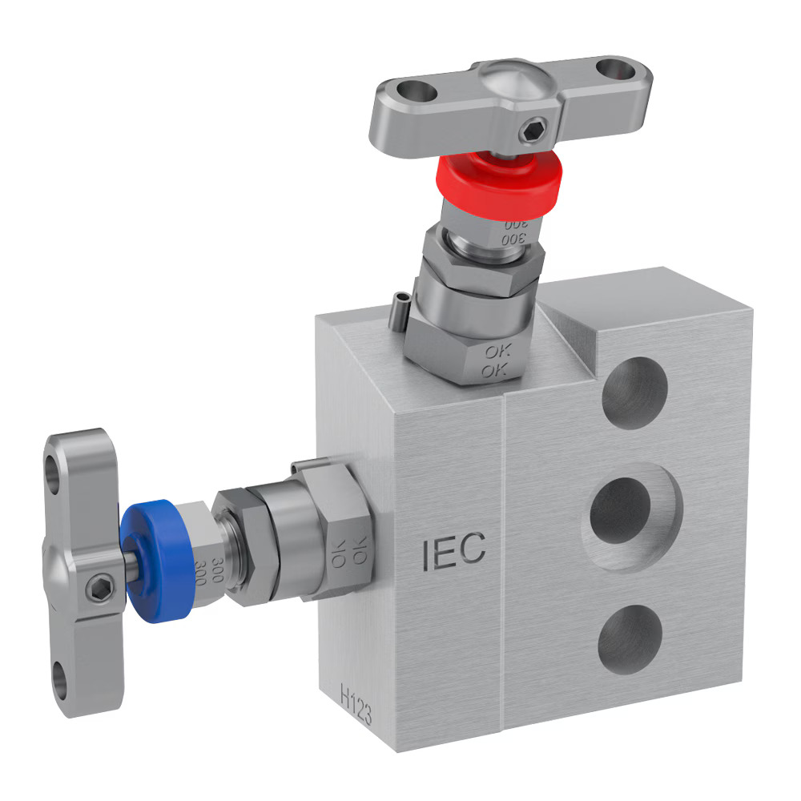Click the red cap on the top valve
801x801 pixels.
[x=500, y=186]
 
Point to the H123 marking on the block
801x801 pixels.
[x=356, y=704]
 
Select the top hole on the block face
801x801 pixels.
[x=634, y=392]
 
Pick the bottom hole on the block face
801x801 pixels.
[x=629, y=638]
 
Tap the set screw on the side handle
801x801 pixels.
[x=98, y=590]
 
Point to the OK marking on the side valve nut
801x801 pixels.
[x=348, y=553]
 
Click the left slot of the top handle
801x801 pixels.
[x=417, y=91]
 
